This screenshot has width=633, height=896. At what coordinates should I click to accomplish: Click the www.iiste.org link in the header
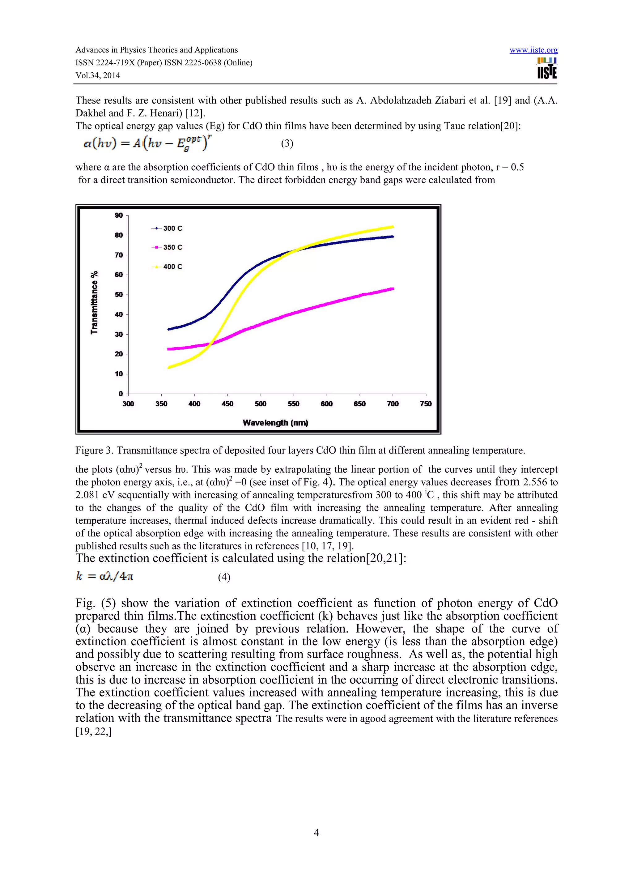(x=533, y=50)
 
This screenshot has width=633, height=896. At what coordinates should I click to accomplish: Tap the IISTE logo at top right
(x=547, y=69)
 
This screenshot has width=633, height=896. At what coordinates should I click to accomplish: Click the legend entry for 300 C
(x=167, y=228)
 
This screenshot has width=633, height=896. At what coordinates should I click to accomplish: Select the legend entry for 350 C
(x=167, y=247)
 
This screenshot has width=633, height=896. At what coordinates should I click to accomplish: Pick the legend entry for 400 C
(x=167, y=267)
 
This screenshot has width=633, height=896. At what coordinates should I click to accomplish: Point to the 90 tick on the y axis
(x=119, y=215)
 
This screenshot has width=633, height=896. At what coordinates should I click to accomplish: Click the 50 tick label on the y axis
(x=119, y=295)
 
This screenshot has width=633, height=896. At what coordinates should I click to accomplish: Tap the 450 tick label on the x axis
(x=227, y=404)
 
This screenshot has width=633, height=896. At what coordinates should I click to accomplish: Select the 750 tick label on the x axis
(x=426, y=404)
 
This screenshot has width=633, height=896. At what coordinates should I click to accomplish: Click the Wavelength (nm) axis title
(x=275, y=423)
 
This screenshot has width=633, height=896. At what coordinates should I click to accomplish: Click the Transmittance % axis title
(x=94, y=302)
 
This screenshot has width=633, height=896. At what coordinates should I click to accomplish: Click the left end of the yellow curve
(x=169, y=367)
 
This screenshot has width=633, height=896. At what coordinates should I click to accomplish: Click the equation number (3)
(x=287, y=143)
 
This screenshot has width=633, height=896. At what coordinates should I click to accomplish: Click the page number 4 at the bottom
(x=316, y=832)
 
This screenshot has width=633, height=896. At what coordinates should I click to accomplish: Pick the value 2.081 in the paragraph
(x=87, y=495)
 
